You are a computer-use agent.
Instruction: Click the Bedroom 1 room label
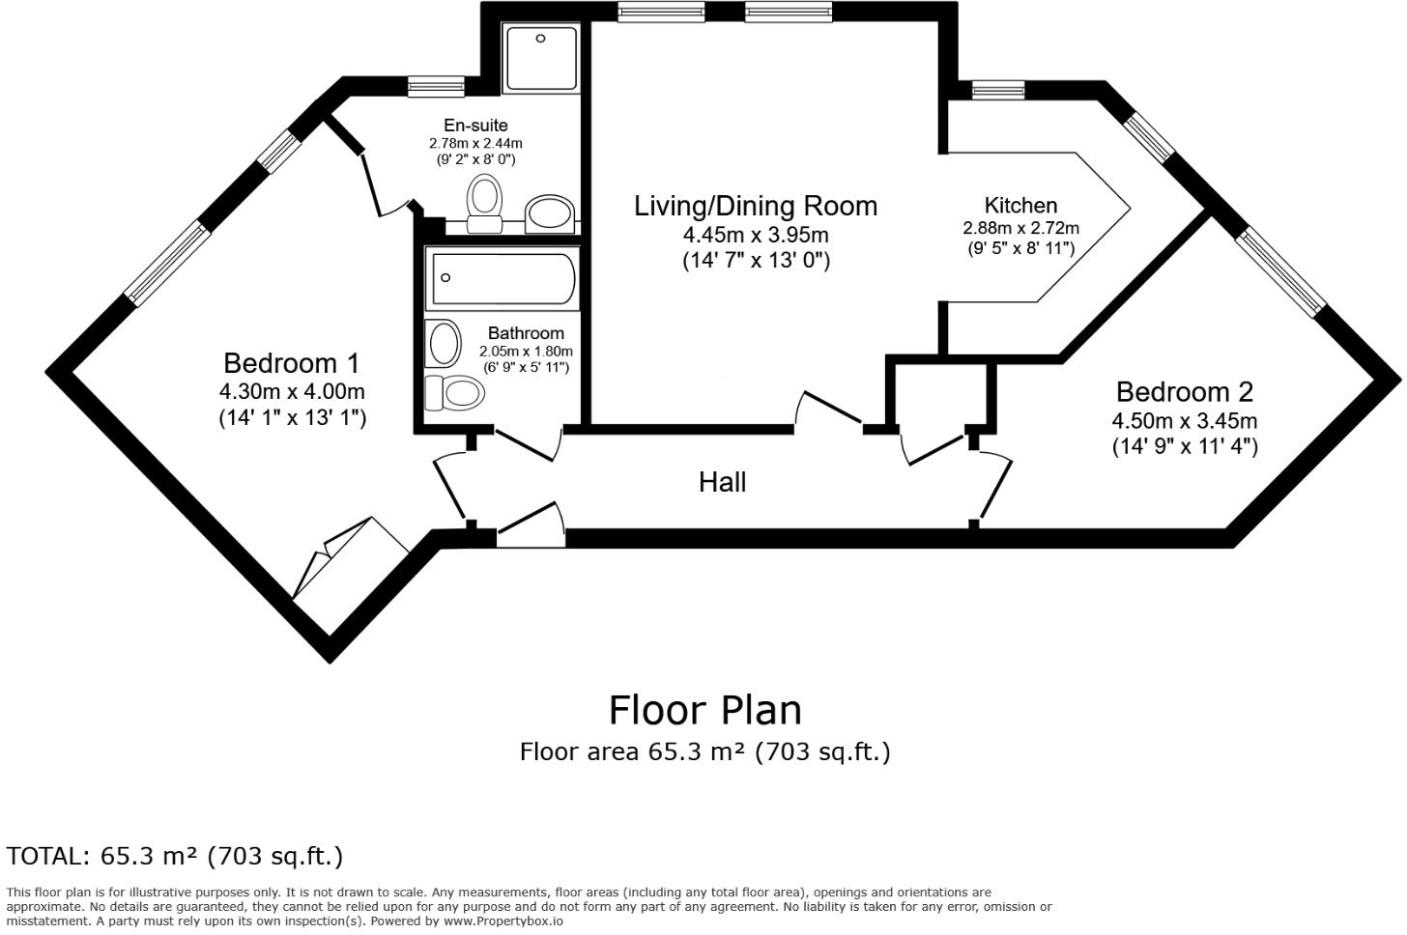(x=291, y=363)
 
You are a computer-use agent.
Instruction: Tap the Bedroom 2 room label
(x=1184, y=391)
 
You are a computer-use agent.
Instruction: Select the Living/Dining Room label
(x=755, y=206)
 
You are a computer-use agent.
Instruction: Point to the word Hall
(x=722, y=482)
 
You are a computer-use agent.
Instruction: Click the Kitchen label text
(x=1020, y=205)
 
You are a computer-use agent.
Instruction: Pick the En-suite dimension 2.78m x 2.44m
(x=475, y=143)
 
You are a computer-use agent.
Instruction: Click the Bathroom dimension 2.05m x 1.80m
(x=526, y=352)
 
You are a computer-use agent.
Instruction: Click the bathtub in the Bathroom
(x=502, y=278)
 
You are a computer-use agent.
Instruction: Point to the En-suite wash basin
(x=550, y=212)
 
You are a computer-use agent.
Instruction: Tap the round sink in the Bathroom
(x=444, y=343)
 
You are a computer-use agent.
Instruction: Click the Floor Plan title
(x=704, y=710)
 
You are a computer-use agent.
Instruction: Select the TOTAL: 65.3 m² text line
(x=175, y=856)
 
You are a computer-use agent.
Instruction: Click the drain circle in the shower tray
(x=541, y=39)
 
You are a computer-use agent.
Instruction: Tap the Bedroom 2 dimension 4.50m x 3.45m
(x=1184, y=421)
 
